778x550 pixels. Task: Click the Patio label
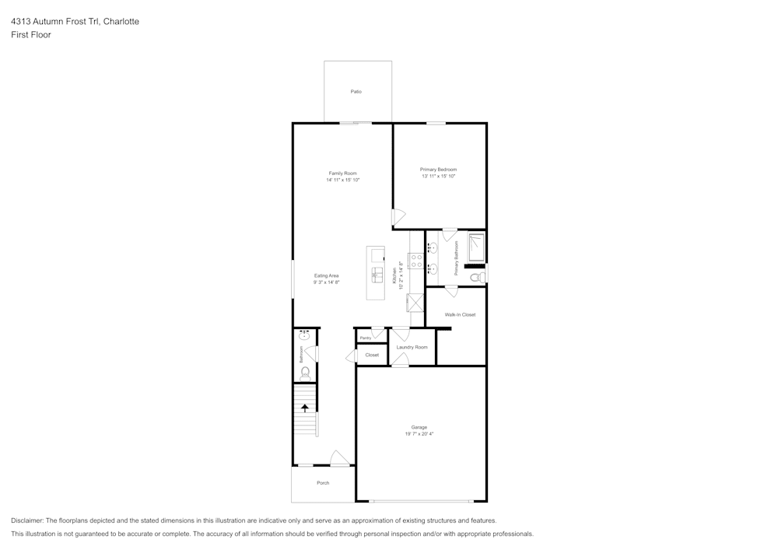(356, 92)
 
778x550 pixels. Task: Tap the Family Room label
(342, 173)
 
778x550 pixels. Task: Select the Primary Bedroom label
(438, 170)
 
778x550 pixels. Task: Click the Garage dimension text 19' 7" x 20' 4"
(419, 434)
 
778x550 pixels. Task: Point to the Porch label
(323, 483)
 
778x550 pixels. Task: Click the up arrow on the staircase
(305, 408)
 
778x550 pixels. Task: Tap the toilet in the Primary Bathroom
(478, 277)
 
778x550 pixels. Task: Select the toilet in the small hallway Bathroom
(305, 374)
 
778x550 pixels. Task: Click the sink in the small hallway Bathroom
(305, 335)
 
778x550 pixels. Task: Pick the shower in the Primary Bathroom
(476, 247)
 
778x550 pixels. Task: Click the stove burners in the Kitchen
(416, 261)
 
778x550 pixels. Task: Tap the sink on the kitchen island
(377, 275)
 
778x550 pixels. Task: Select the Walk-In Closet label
(460, 315)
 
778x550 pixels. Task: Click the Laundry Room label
(412, 347)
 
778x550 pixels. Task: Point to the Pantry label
(366, 338)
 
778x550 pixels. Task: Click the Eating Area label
(327, 275)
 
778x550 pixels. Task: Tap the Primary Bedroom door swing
(399, 217)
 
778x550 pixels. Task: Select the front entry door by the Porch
(340, 458)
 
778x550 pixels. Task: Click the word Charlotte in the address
(121, 21)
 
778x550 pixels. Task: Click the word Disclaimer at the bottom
(26, 520)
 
